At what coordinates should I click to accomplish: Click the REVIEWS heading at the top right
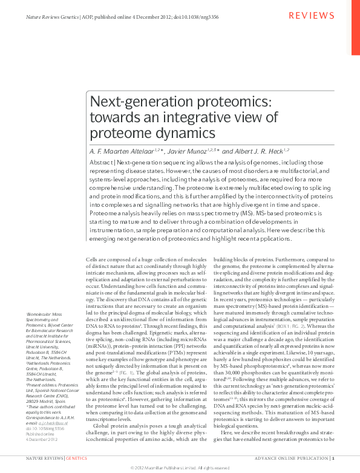pos(311,15)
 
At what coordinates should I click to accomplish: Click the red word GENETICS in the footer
pos(76,459)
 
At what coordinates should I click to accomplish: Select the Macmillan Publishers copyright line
pos(180,468)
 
